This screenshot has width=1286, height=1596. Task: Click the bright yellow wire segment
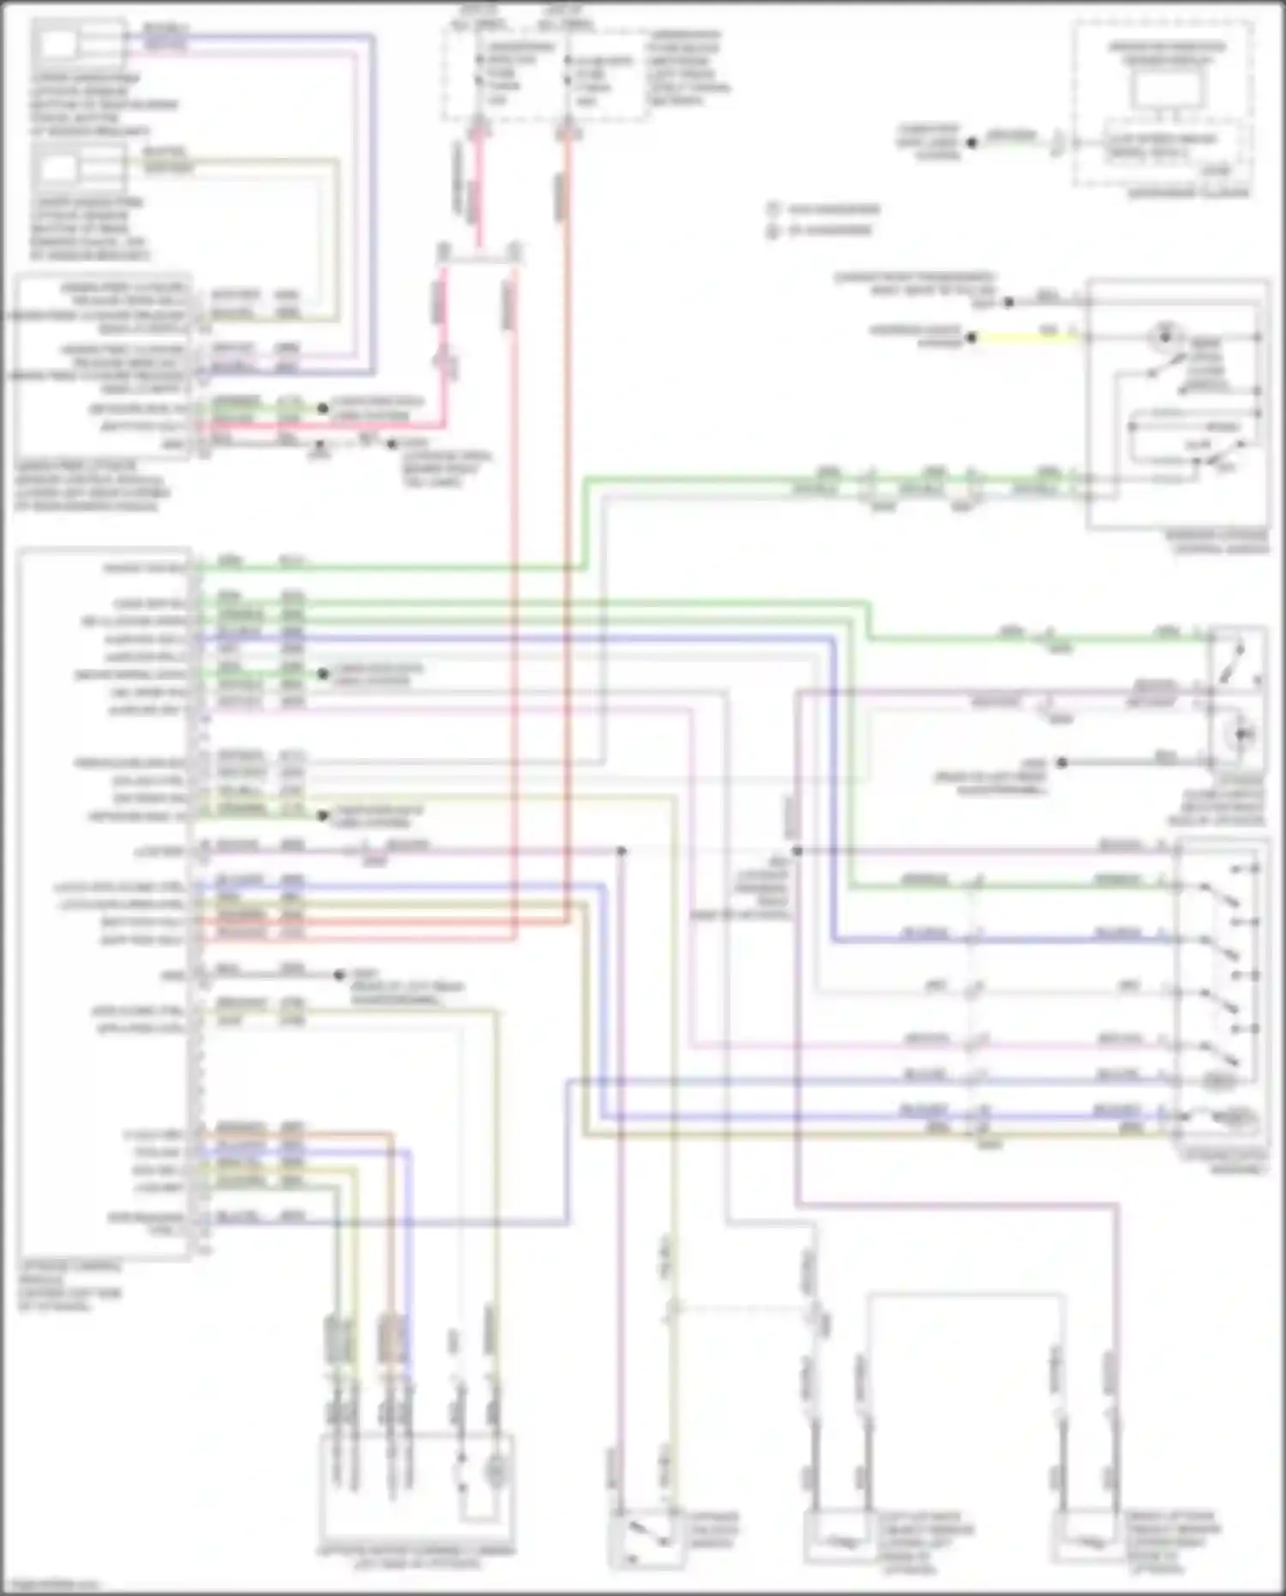(1025, 337)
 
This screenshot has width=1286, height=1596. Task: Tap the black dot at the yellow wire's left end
(971, 338)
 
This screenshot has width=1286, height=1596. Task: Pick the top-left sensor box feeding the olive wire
(77, 167)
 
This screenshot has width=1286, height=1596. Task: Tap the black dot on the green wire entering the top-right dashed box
(971, 143)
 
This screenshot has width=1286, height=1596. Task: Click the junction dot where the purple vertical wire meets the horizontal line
(796, 851)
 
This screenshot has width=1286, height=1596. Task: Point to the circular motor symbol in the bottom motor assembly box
(495, 1472)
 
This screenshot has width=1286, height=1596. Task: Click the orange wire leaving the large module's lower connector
(343, 1134)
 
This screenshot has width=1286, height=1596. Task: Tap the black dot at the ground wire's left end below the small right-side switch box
(1061, 762)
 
